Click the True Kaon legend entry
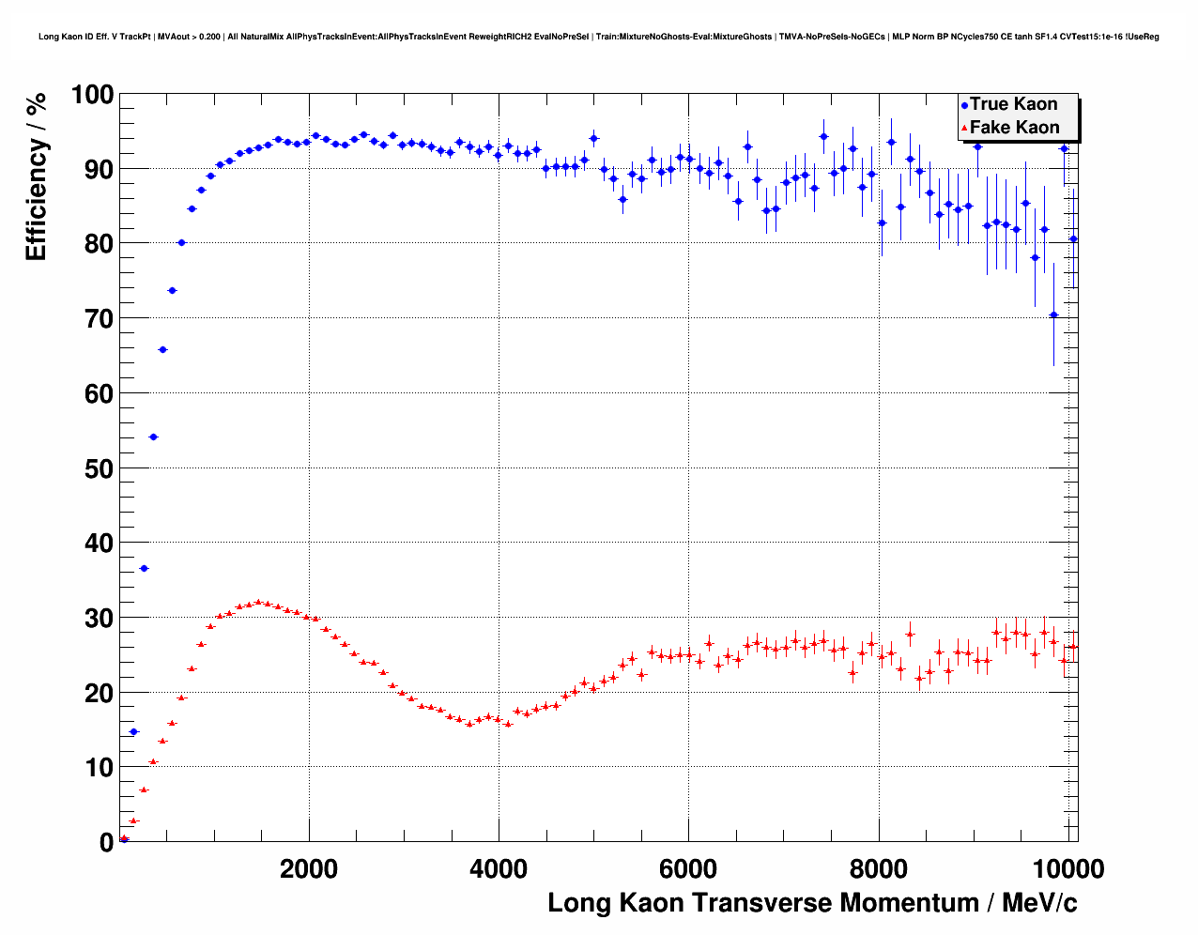(x=1013, y=104)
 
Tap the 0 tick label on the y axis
(x=106, y=843)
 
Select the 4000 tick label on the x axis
(x=499, y=869)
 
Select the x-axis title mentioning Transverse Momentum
(x=812, y=903)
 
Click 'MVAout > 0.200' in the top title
(x=190, y=37)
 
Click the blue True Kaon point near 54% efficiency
(x=153, y=437)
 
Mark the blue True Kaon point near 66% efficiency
(x=162, y=349)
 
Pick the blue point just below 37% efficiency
(x=144, y=568)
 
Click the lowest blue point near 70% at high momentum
(x=1053, y=314)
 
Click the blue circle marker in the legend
(x=964, y=105)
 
